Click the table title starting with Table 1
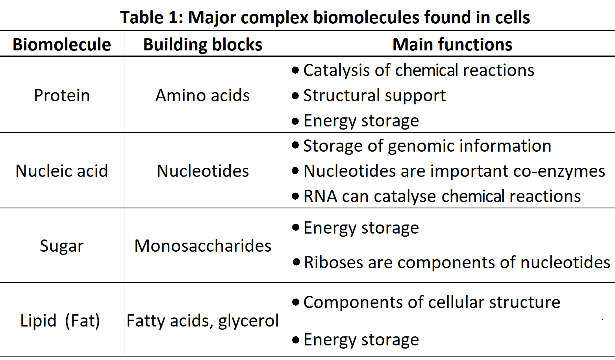click(325, 17)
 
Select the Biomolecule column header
click(62, 45)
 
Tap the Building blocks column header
click(202, 45)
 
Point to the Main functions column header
click(452, 45)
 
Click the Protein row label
click(62, 95)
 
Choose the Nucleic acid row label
click(62, 171)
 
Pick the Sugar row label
click(62, 246)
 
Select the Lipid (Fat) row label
click(60, 321)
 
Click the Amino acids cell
click(202, 95)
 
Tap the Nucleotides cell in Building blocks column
click(202, 171)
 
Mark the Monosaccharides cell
click(202, 246)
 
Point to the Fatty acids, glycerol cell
click(202, 321)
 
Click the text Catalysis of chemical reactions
click(419, 70)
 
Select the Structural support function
click(374, 95)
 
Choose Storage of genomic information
click(427, 146)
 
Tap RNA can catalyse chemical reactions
click(442, 196)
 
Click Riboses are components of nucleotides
click(457, 262)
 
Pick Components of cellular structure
click(432, 302)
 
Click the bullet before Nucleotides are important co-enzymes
click(296, 171)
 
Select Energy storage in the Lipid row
click(361, 340)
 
